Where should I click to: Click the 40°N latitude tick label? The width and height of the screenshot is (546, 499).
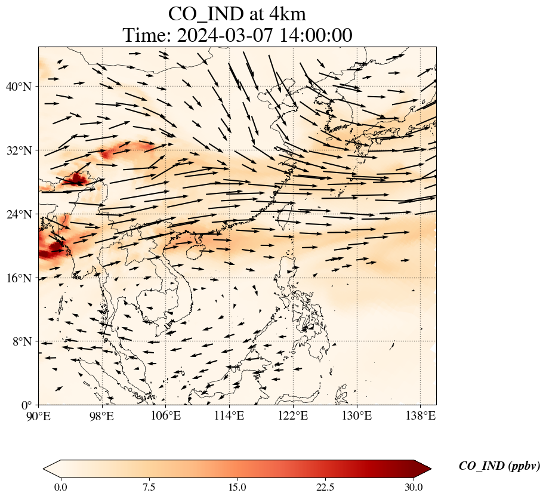18,87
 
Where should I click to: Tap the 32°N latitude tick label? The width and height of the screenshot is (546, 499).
18,150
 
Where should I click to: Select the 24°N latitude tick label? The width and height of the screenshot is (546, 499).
18,214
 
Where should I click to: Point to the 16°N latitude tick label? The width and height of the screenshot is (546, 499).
18,278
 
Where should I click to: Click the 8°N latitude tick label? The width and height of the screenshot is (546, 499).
21,342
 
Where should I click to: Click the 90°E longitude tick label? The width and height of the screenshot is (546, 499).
39,416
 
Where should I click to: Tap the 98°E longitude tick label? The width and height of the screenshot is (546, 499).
102,416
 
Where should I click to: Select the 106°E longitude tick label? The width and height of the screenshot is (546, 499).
166,416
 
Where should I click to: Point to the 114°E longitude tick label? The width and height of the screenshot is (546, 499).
229,416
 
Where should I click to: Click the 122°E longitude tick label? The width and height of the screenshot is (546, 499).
293,416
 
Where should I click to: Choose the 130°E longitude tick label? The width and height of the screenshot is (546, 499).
356,416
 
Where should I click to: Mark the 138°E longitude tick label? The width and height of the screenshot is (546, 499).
420,416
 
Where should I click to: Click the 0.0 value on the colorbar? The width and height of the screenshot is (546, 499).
60,488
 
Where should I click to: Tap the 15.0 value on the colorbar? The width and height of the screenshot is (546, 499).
237,488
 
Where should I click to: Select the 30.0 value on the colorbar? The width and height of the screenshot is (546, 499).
414,488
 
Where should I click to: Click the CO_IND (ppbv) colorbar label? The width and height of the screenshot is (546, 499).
499,466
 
